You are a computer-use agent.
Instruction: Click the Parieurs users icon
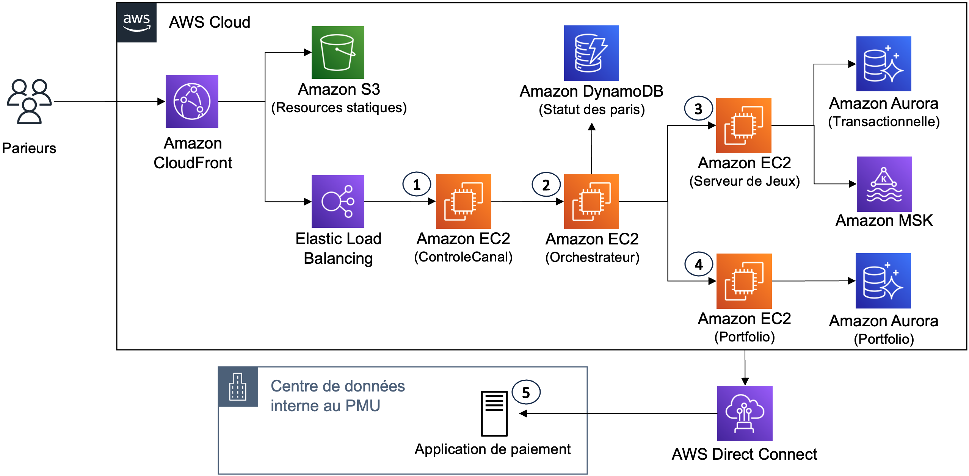point(29,102)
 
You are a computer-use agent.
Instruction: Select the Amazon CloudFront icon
point(192,101)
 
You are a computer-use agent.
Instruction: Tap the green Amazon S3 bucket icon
point(338,52)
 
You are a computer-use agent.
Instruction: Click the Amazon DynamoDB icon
point(591,53)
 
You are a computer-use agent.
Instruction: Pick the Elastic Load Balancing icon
point(338,201)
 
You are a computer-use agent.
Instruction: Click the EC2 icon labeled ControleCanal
point(463,201)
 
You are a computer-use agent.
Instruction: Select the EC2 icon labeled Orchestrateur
point(591,201)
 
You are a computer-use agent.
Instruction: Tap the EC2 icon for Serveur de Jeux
point(743,125)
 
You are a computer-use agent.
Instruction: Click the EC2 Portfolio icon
point(743,281)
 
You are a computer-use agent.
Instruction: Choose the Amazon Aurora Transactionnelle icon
point(883,64)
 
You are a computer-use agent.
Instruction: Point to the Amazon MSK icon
point(884,184)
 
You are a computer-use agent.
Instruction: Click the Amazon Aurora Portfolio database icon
point(883,281)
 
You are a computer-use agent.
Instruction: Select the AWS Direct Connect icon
point(745,413)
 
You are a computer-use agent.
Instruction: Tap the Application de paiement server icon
point(494,413)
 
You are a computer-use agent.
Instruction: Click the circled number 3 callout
point(698,109)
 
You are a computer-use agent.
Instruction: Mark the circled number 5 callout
point(526,393)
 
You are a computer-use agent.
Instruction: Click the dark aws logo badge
point(136,22)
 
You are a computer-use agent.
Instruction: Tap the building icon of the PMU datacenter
point(238,387)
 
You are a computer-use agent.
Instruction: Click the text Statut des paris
point(591,110)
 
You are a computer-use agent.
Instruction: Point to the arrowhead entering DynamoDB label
point(591,127)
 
